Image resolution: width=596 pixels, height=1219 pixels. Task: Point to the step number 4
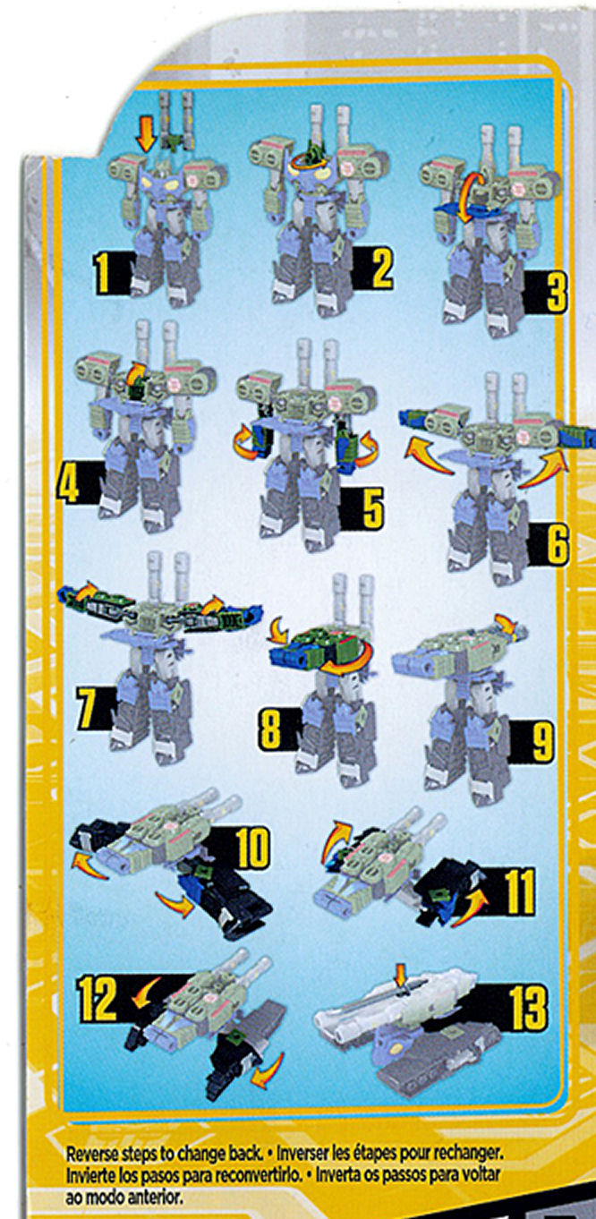pyautogui.click(x=69, y=482)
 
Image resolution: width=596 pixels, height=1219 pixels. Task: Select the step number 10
pyautogui.click(x=251, y=848)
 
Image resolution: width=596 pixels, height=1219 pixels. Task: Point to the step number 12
pyautogui.click(x=97, y=999)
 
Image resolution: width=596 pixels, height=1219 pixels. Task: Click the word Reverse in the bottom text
pyautogui.click(x=89, y=1153)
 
